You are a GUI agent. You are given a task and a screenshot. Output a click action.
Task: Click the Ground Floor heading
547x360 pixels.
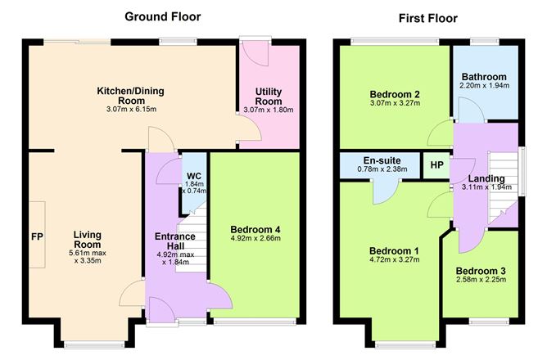[x=163, y=16]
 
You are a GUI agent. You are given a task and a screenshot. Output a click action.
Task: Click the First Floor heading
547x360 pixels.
[x=428, y=18]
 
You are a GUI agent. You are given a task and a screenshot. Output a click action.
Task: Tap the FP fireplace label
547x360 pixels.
[x=37, y=237]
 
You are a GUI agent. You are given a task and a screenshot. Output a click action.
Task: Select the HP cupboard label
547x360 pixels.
[x=436, y=164]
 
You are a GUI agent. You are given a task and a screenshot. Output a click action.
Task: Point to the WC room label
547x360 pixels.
[x=194, y=176]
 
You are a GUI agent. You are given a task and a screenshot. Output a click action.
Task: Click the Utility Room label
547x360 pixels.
[x=269, y=97]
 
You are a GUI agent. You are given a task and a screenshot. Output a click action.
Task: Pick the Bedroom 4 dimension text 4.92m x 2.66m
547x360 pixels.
[x=255, y=239]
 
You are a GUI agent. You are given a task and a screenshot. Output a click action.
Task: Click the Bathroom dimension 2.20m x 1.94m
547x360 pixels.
[x=484, y=85]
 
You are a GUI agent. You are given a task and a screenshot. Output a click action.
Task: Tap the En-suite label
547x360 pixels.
[x=382, y=160]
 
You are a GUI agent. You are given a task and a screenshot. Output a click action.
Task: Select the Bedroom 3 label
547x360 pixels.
[x=481, y=271]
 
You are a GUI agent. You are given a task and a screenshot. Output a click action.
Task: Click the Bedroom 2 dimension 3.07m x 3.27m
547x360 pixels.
[x=395, y=103]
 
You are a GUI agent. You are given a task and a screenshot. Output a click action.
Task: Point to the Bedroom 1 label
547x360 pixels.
[x=394, y=251]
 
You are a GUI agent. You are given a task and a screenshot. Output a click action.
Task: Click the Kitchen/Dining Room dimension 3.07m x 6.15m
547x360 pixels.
[x=131, y=110]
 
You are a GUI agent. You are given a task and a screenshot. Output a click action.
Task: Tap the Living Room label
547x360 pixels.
[x=88, y=240]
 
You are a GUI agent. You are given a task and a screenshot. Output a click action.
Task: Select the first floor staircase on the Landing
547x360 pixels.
[x=503, y=187]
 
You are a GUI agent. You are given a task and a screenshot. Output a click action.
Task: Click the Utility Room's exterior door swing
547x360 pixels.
[x=255, y=53]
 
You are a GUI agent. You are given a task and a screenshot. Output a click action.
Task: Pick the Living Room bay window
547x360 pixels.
[x=94, y=345]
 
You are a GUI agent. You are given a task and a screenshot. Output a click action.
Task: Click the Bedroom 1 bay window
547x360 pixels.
[x=405, y=345]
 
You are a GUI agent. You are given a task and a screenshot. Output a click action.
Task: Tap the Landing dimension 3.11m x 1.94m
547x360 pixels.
[x=486, y=187]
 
